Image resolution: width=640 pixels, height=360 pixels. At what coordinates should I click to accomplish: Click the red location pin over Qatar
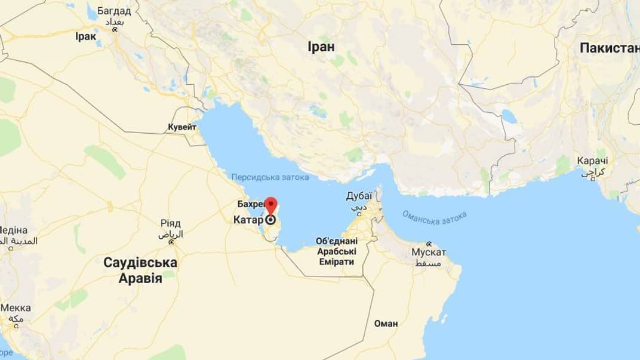[x=271, y=204]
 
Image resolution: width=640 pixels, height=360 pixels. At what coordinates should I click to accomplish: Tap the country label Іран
[x=321, y=47]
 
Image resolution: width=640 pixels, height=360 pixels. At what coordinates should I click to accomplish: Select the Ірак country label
[x=85, y=36]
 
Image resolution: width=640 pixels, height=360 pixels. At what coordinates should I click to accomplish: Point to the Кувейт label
[x=182, y=127]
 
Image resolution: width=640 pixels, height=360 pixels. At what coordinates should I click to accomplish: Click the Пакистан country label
[x=609, y=48]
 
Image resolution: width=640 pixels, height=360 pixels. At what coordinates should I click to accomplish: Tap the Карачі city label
[x=593, y=161]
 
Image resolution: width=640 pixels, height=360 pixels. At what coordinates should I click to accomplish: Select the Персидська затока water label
[x=270, y=177]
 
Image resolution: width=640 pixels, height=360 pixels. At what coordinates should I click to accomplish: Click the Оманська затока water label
[x=435, y=217]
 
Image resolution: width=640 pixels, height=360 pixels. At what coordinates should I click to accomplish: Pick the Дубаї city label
[x=359, y=196]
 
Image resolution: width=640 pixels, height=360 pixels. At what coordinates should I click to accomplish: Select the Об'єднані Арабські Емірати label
[x=337, y=251]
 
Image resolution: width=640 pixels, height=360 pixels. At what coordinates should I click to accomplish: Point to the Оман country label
[x=385, y=324]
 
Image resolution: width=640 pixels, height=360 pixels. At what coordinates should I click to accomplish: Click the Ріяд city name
[x=170, y=223]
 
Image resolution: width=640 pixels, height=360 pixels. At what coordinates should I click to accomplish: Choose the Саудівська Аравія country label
[x=140, y=270]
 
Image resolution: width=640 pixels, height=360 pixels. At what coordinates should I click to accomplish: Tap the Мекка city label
[x=16, y=308]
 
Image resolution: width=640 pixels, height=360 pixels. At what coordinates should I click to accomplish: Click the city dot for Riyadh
[x=172, y=242]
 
